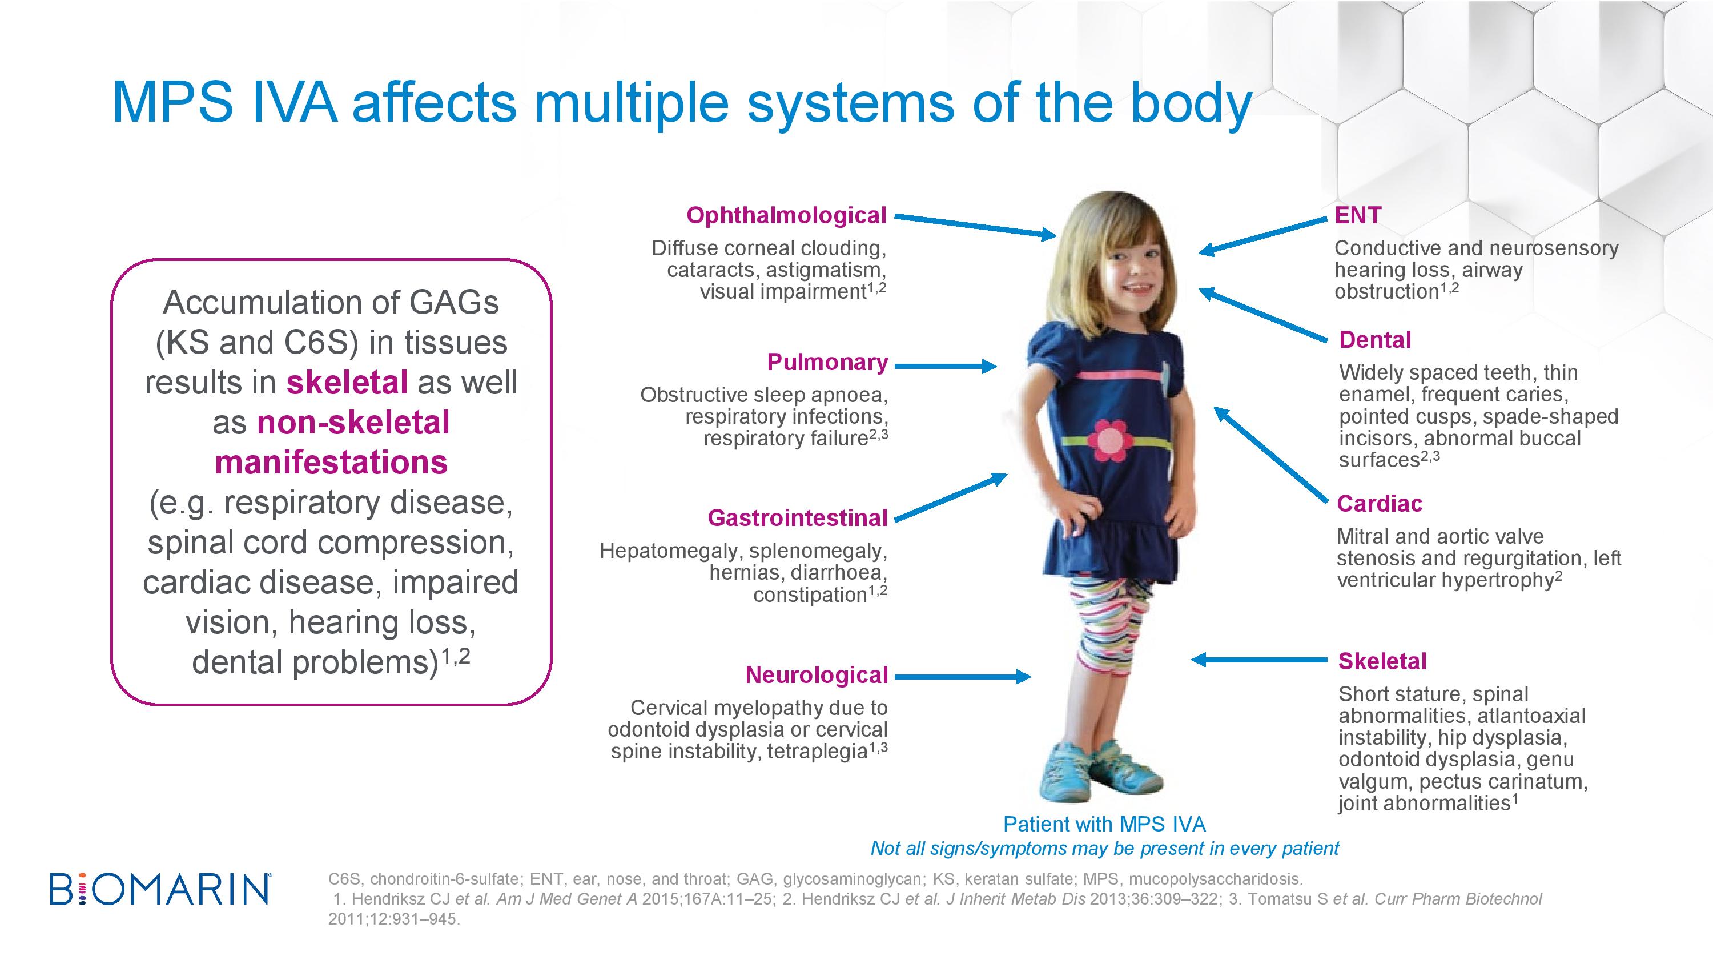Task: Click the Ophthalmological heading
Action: pos(786,215)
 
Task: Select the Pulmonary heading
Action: pos(827,362)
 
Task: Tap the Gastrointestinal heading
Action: pos(797,517)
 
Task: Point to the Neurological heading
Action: pos(817,674)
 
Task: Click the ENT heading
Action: pos(1358,215)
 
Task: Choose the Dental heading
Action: pos(1374,340)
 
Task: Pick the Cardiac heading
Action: pos(1379,504)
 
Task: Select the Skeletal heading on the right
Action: pos(1382,661)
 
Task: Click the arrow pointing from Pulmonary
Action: pos(946,365)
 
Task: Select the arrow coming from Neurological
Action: pos(963,677)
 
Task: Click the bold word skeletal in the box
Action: pos(347,383)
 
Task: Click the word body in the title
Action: pos(1191,104)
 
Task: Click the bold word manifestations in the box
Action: pos(331,463)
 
